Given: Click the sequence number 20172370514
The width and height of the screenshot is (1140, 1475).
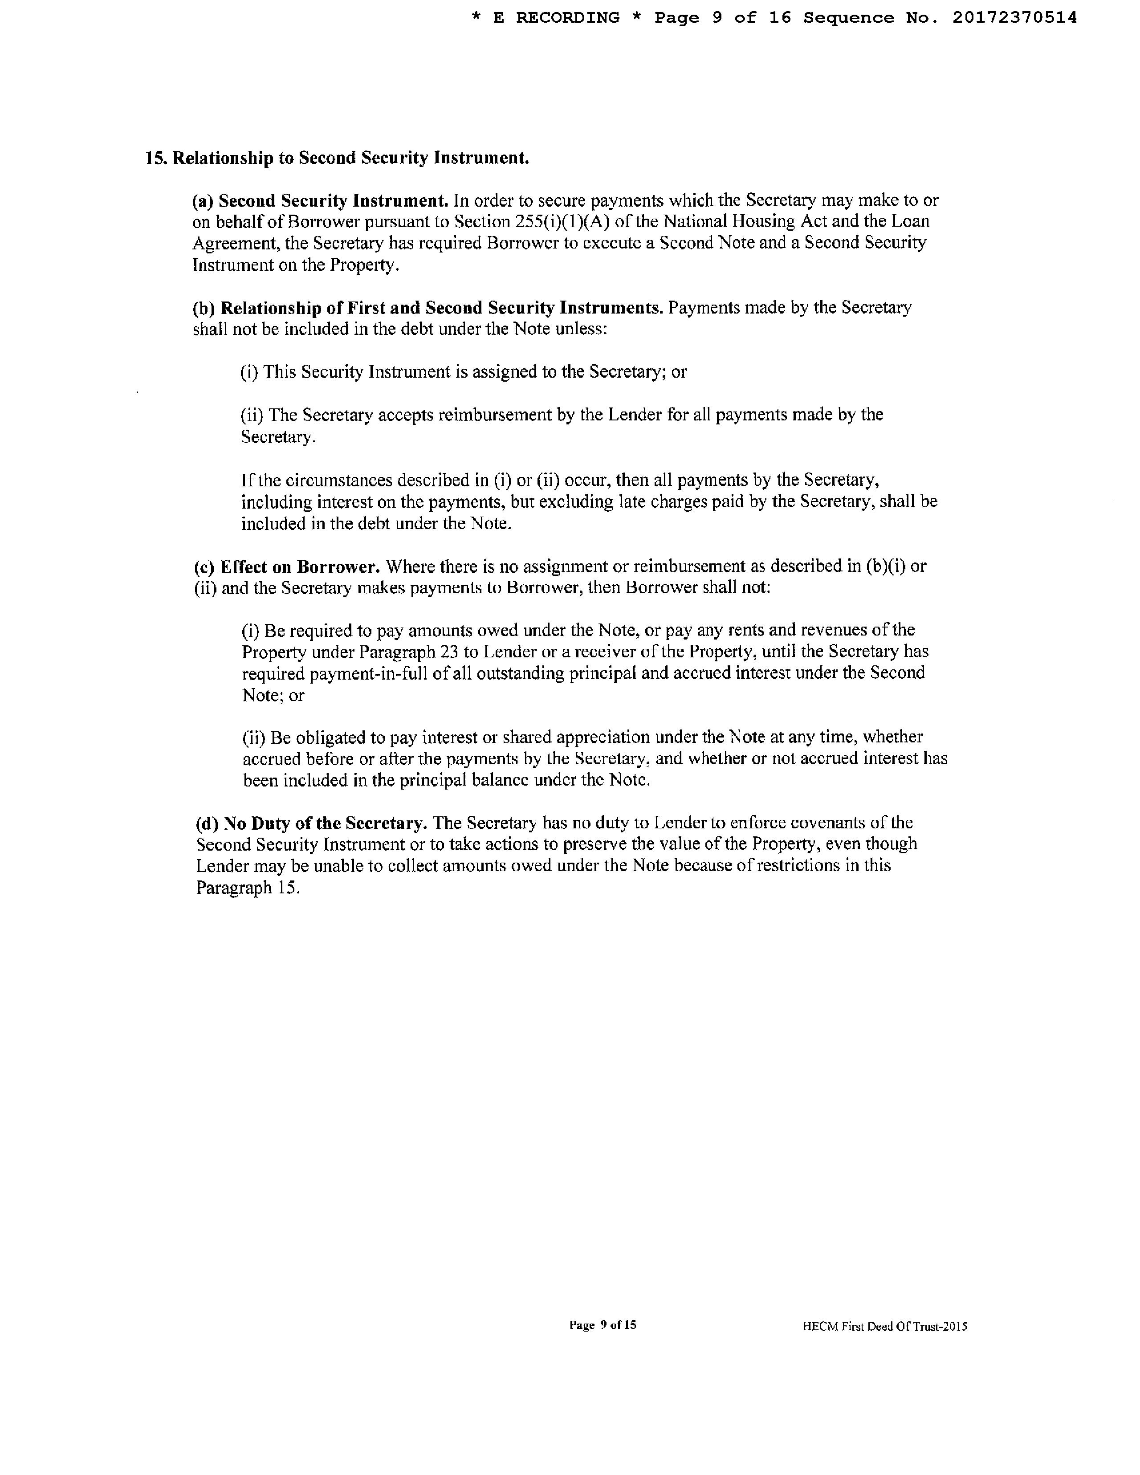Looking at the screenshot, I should coord(1014,18).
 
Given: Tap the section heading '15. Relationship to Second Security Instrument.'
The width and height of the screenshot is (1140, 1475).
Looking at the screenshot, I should coord(337,158).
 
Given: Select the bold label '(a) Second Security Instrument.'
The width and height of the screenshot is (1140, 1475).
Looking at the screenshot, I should coord(320,200).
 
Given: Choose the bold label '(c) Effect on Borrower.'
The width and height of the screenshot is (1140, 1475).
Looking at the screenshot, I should coord(287,566).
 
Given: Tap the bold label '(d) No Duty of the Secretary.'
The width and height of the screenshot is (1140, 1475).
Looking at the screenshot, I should coord(311,823).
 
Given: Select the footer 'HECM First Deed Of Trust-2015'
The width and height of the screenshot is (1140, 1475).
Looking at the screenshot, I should coord(885,1326).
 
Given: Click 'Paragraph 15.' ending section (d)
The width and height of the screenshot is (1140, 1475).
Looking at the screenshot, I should coord(248,888).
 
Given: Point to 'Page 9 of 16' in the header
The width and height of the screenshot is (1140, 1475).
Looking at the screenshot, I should coord(722,18).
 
